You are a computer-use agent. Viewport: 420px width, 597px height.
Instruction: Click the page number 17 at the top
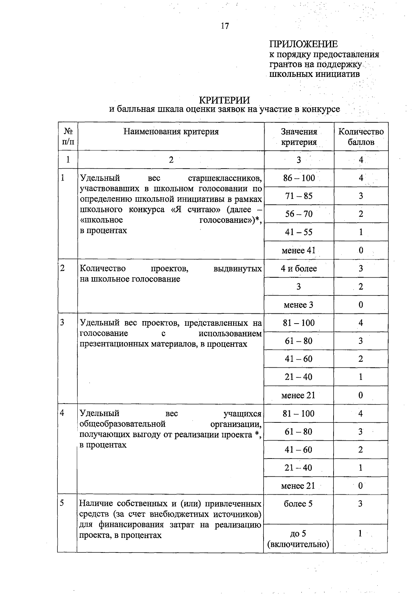click(x=225, y=26)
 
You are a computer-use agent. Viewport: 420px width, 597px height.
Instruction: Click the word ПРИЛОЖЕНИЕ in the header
click(x=303, y=44)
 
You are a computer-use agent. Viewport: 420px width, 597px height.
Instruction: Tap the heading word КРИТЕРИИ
click(x=224, y=100)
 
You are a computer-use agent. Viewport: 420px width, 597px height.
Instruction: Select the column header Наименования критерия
click(x=171, y=131)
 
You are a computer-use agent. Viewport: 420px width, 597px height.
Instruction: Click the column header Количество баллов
click(x=361, y=137)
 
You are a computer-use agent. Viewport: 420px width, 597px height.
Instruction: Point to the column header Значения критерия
click(x=299, y=137)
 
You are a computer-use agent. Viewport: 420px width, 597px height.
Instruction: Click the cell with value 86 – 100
click(x=299, y=178)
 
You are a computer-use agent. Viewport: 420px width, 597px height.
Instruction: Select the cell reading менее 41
click(x=299, y=250)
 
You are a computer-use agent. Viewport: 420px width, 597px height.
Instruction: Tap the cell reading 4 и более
click(x=299, y=269)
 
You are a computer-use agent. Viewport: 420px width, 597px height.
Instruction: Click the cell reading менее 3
click(x=299, y=305)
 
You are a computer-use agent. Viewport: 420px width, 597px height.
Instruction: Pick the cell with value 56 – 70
click(x=299, y=214)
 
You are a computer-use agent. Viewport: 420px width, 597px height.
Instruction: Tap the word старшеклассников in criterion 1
click(x=225, y=178)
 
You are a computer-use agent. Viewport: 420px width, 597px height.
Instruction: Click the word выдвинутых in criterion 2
click(x=237, y=269)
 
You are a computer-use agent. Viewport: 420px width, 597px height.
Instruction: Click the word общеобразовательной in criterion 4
click(x=122, y=424)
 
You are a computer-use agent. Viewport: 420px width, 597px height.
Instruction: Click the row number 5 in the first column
click(x=62, y=503)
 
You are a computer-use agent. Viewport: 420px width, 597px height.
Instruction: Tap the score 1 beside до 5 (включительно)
click(x=360, y=534)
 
